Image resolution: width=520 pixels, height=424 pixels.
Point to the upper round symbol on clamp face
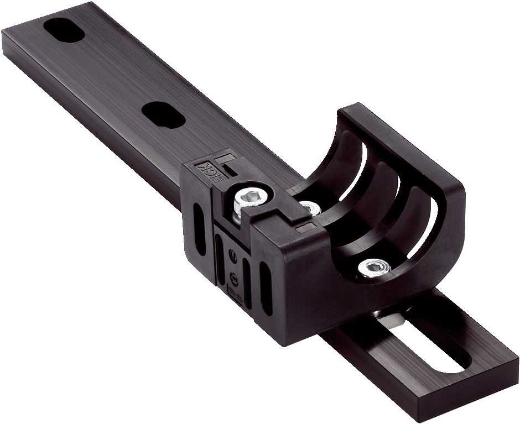coord(232,255)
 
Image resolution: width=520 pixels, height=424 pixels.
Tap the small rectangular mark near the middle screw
coord(304,227)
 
